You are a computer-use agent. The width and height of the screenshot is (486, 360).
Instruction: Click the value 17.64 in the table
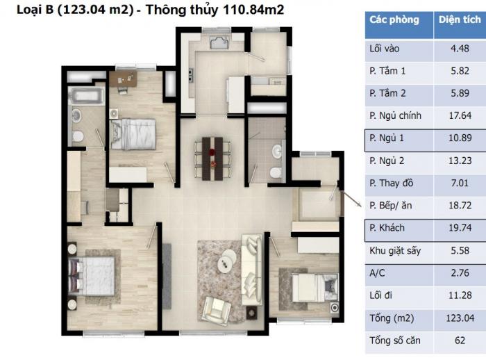point(460,115)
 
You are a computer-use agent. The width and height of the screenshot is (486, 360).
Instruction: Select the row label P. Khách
point(387,228)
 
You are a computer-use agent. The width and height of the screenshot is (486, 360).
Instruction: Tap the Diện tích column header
point(460,19)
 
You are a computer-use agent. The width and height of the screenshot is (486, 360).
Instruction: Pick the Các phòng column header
point(394,19)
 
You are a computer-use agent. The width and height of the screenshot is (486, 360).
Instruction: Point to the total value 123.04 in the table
point(460,318)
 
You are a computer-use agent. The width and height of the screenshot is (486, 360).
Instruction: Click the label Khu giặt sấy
point(395,250)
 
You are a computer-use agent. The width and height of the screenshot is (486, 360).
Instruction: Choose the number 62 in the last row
point(460,341)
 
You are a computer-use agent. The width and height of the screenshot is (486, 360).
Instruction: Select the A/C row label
point(377,273)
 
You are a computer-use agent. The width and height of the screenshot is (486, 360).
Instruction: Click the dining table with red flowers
point(212,158)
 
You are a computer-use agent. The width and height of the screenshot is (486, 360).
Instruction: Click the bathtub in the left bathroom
point(86,95)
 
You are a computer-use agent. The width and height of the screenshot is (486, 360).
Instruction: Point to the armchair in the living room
point(216,311)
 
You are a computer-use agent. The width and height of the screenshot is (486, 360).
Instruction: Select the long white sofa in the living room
point(251,270)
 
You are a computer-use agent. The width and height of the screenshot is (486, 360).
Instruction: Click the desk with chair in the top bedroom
point(123,81)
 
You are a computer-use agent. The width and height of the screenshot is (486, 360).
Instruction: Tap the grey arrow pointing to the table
point(352,199)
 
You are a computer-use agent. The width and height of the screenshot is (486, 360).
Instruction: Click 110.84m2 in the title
point(253,10)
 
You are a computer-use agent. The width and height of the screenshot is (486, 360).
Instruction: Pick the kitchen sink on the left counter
point(190,74)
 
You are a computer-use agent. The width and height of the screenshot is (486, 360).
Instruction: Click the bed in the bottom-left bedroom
point(91,276)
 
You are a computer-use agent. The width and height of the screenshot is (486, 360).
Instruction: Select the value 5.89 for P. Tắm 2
point(460,93)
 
